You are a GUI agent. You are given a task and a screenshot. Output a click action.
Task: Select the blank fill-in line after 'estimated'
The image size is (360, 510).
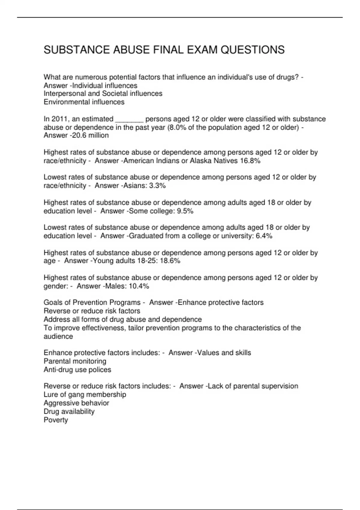[x=129, y=119]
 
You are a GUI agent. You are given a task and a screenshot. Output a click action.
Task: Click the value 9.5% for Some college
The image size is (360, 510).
[x=185, y=211]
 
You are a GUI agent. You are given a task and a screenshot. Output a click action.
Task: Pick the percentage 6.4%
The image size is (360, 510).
[x=264, y=236]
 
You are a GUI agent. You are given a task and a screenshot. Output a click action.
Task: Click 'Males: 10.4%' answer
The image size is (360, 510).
[x=127, y=286]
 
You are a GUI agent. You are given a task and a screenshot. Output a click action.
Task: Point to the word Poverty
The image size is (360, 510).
[x=56, y=420]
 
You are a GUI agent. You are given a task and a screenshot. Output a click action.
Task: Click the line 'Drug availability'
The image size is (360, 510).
[x=69, y=412]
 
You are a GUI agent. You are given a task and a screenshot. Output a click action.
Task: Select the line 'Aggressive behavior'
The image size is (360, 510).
[x=76, y=403]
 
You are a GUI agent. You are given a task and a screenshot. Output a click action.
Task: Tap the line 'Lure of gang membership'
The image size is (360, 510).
[x=85, y=395]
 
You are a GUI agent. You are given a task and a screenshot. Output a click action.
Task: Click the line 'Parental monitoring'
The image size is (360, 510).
[x=75, y=361]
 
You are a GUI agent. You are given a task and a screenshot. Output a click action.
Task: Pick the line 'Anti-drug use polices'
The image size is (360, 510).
[x=77, y=370]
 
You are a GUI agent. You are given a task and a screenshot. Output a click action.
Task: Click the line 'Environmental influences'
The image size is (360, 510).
[x=84, y=102]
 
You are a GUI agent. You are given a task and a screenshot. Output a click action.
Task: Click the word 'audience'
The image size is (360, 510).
[x=58, y=337]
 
